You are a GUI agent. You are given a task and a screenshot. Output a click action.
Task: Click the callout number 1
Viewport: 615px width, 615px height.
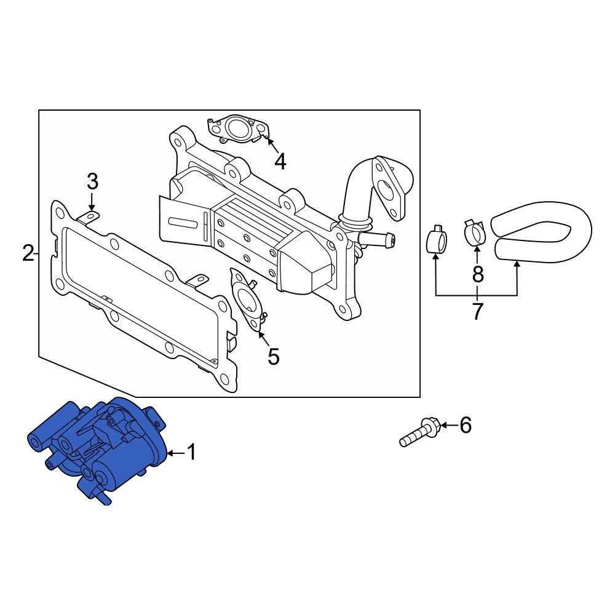(x=191, y=452)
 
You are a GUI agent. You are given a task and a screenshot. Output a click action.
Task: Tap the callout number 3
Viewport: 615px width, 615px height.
(x=92, y=181)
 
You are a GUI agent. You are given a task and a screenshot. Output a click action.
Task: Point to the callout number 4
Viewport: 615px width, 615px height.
(x=280, y=161)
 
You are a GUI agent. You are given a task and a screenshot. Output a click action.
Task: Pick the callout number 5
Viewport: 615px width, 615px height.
(x=274, y=357)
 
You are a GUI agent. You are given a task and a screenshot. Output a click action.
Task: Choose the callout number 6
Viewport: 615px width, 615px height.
(x=466, y=425)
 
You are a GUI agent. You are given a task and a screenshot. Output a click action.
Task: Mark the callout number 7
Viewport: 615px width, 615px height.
(x=477, y=312)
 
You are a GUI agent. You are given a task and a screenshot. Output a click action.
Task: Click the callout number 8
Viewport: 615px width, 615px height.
(x=478, y=274)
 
